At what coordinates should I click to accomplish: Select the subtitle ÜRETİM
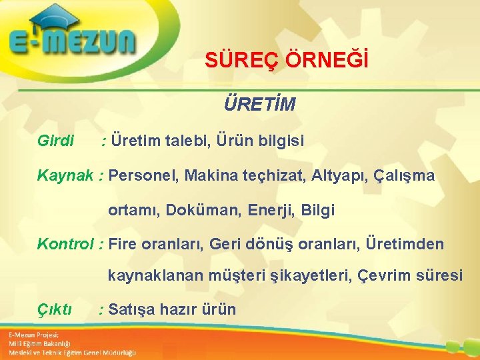(260, 105)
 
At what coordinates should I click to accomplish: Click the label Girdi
(56, 141)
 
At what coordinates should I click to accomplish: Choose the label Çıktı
(55, 309)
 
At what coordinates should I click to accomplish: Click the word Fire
(122, 244)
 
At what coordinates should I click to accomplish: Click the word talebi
(181, 141)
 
